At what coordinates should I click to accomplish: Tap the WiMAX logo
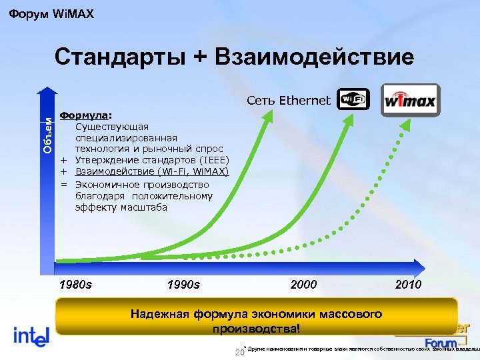(x=409, y=101)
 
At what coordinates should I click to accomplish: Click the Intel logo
(x=31, y=335)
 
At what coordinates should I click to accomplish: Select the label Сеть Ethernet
(x=288, y=101)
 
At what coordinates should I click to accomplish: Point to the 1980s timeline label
(x=75, y=285)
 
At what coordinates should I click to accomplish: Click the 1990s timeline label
(x=183, y=285)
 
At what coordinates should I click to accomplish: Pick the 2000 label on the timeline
(x=304, y=285)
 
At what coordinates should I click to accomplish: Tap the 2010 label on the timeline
(x=408, y=285)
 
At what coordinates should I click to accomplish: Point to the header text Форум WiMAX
(x=51, y=13)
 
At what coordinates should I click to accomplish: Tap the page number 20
(x=240, y=352)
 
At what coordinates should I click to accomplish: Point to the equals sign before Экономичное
(x=65, y=185)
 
